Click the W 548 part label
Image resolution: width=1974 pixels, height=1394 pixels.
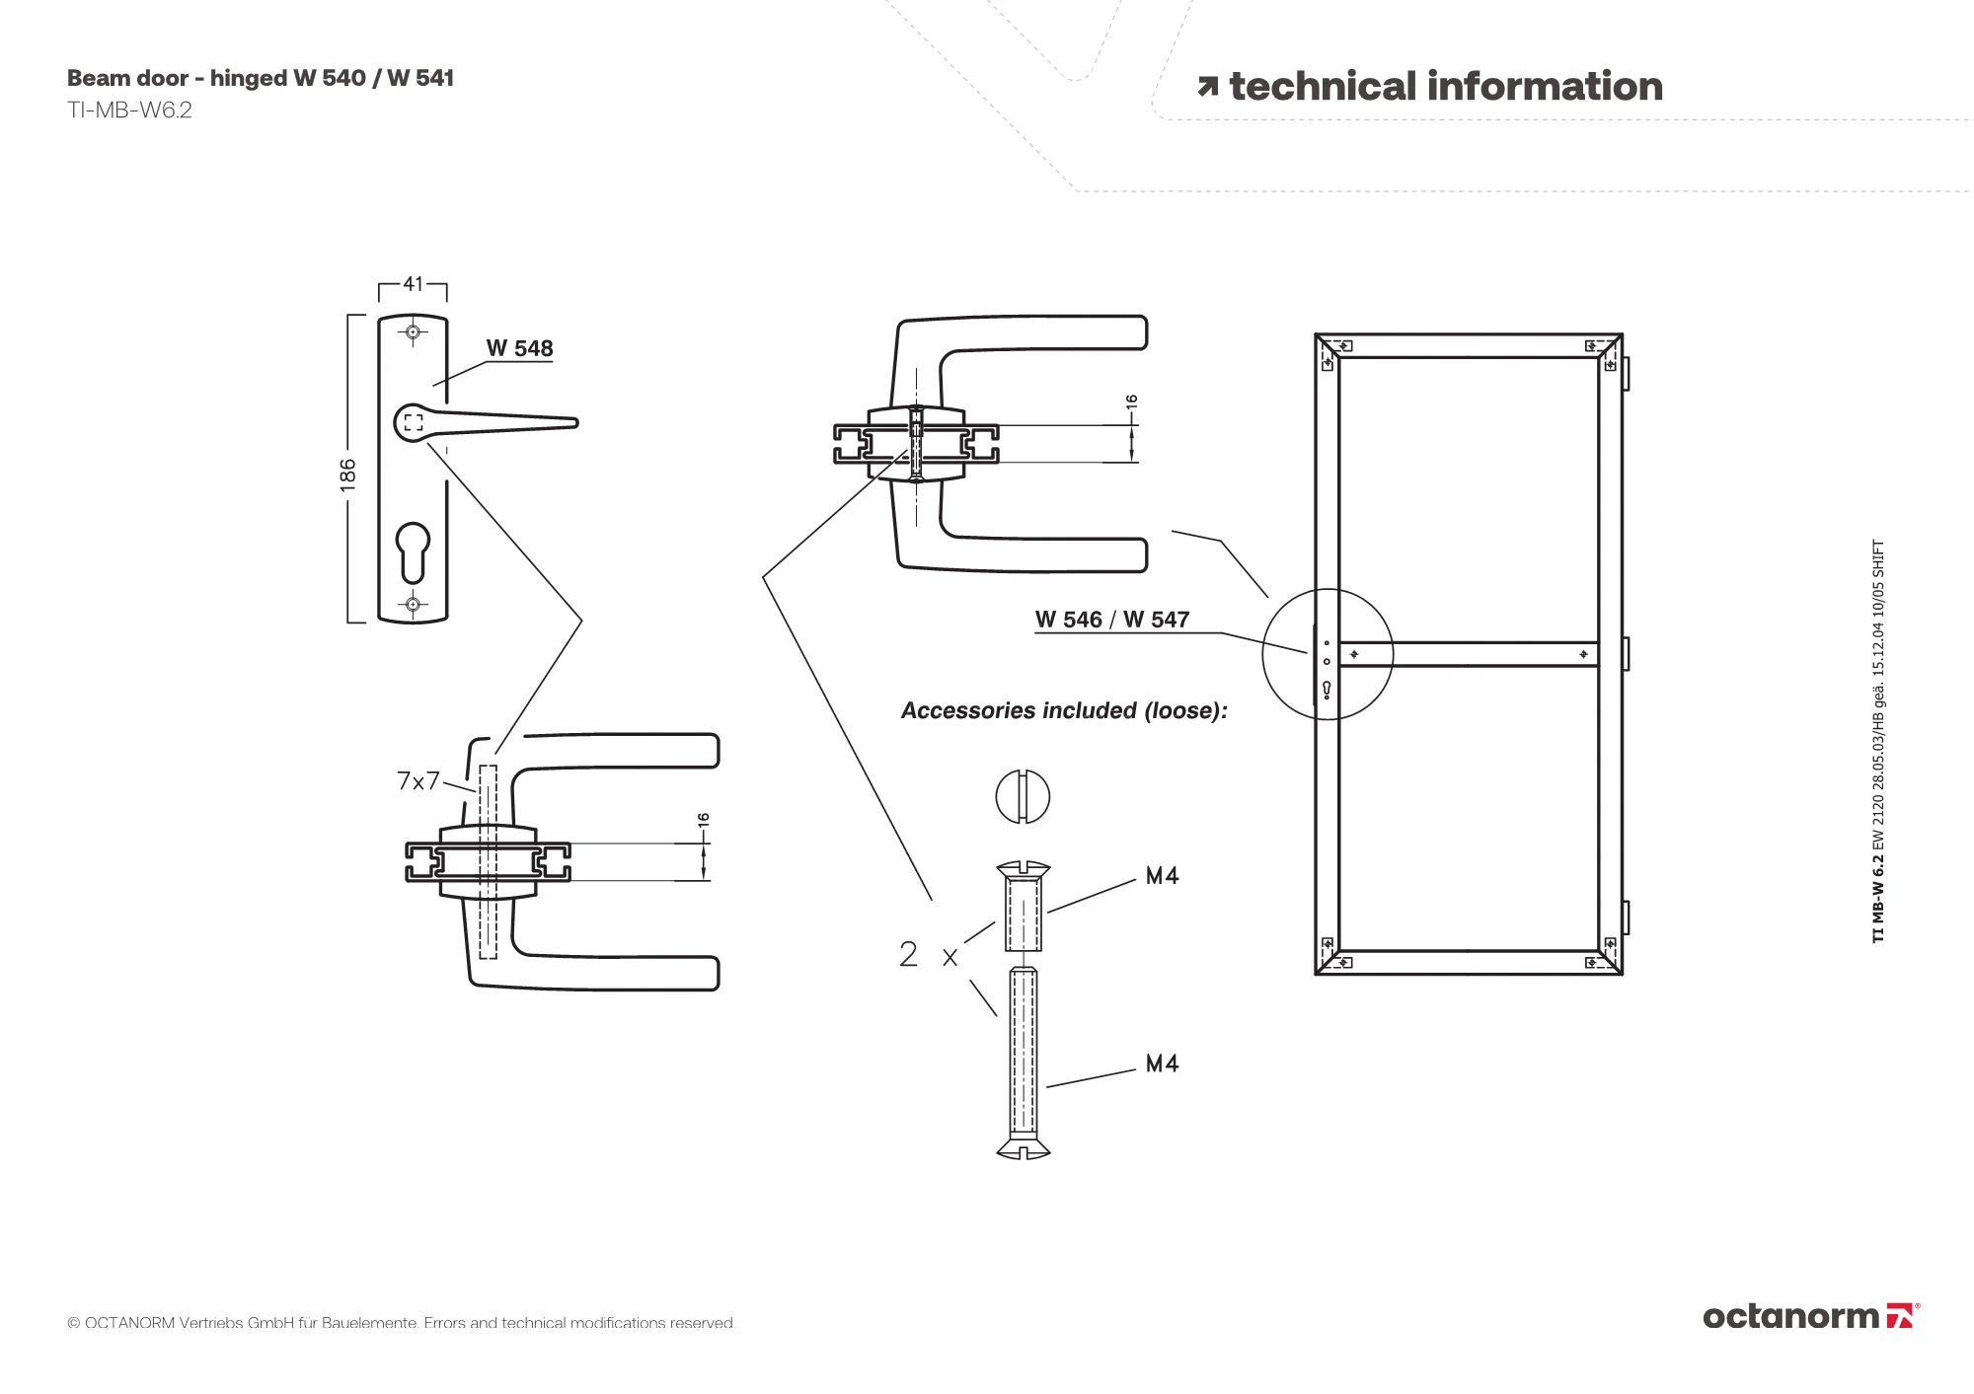[x=519, y=348]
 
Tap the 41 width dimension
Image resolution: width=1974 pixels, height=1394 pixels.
[x=413, y=284]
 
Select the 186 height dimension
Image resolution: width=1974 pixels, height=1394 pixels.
[x=347, y=474]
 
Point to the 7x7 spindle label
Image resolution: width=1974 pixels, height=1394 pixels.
[x=418, y=781]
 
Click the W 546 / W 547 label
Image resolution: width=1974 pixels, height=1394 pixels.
[x=1112, y=620]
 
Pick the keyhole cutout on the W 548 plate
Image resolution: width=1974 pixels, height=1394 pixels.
[x=413, y=551]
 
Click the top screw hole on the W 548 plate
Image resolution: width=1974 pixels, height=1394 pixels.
[x=413, y=332]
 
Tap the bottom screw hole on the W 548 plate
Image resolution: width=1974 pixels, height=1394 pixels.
[x=413, y=604]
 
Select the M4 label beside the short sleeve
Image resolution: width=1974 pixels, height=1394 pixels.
[x=1162, y=876]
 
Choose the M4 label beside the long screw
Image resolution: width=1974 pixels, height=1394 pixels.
[x=1162, y=1064]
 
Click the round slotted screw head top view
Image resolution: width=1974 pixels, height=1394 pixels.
[x=1023, y=797]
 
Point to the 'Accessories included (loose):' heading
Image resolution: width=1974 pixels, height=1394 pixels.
[x=1064, y=710]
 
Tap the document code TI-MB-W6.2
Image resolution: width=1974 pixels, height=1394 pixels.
[x=129, y=110]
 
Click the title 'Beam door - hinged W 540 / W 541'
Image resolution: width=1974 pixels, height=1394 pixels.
[x=261, y=78]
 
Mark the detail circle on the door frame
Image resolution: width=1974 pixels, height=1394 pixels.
[x=1328, y=654]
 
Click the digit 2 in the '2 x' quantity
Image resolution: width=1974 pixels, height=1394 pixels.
[x=908, y=954]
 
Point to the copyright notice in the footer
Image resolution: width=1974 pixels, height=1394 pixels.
[x=401, y=1323]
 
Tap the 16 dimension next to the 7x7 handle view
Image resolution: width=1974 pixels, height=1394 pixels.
[x=703, y=820]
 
